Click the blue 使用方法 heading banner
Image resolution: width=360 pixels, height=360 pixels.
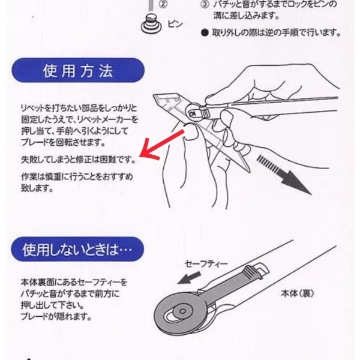point(78,70)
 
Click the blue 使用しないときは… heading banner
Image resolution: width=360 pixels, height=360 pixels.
point(77,249)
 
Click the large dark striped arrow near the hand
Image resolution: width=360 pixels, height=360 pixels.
point(284,175)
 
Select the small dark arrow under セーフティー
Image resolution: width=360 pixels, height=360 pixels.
point(190,278)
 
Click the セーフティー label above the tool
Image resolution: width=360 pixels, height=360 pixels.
point(206,264)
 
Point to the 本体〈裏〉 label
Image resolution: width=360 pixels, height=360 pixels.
point(298,293)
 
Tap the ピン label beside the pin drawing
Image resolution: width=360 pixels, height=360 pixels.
point(175,23)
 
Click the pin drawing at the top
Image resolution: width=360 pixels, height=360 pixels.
point(151,24)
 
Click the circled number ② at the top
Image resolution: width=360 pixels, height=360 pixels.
point(163,4)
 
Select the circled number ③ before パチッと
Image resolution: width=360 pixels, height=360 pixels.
point(205,5)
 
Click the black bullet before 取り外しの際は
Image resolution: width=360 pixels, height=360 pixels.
point(205,33)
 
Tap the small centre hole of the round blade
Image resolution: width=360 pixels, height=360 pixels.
point(183,311)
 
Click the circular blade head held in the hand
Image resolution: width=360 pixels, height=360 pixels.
point(194,111)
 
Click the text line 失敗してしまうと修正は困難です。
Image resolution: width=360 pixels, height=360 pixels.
point(79,159)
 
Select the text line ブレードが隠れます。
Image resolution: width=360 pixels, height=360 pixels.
point(56,317)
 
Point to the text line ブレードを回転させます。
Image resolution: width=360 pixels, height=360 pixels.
point(63,142)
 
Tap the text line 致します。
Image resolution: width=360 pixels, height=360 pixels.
point(37,188)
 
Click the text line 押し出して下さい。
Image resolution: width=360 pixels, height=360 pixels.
point(53,305)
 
